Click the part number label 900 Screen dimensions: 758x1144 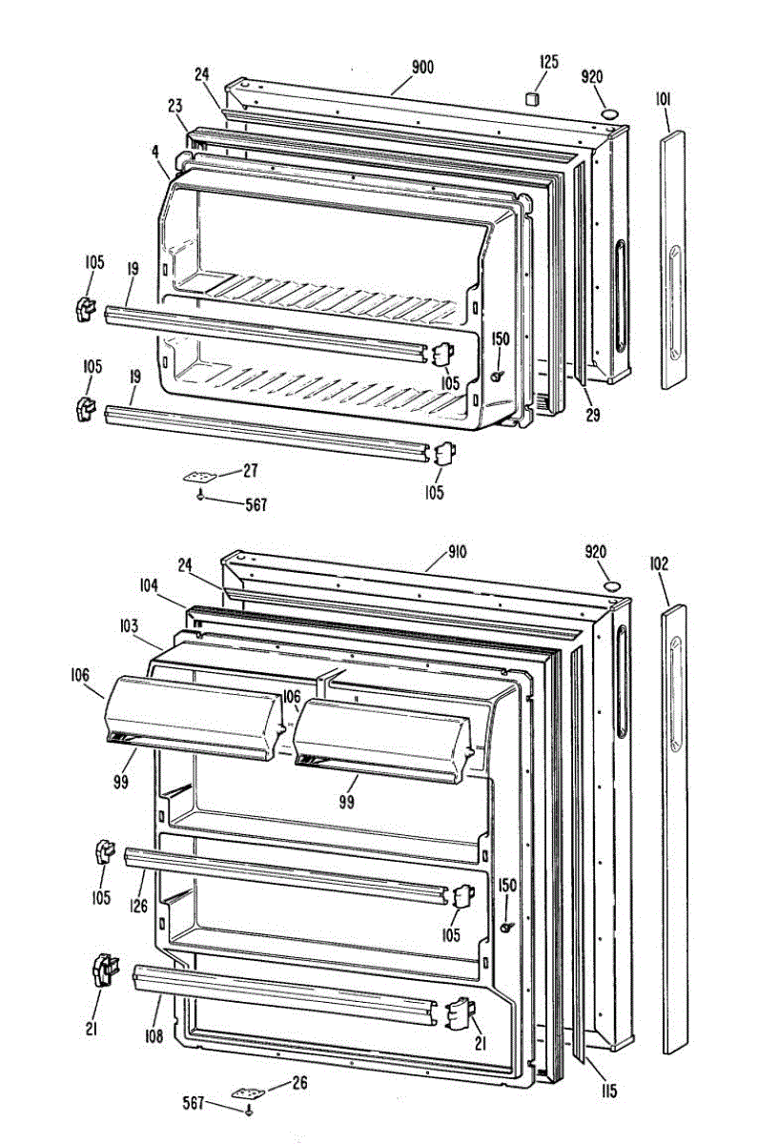point(422,67)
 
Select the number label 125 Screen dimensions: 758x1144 point(548,62)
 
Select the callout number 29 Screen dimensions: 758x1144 point(592,416)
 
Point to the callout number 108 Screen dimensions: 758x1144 point(154,1035)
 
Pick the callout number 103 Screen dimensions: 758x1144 point(129,626)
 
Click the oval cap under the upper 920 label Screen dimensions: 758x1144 point(606,114)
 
